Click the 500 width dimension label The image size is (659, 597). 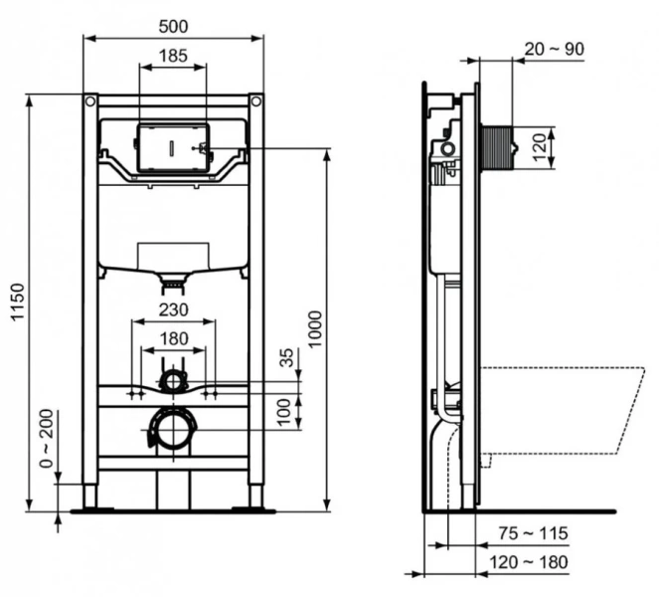(x=172, y=25)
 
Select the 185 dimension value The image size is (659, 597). (x=172, y=56)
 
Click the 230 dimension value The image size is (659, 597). (x=173, y=309)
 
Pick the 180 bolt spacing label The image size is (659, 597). (x=173, y=338)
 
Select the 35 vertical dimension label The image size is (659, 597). (x=288, y=358)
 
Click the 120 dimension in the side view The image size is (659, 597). (x=539, y=146)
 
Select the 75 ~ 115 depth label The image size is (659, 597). (x=534, y=534)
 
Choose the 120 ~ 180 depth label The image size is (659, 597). (x=534, y=563)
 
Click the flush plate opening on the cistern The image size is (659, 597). (x=173, y=147)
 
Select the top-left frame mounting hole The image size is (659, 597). (x=89, y=101)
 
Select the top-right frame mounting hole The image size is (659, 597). (x=255, y=101)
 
